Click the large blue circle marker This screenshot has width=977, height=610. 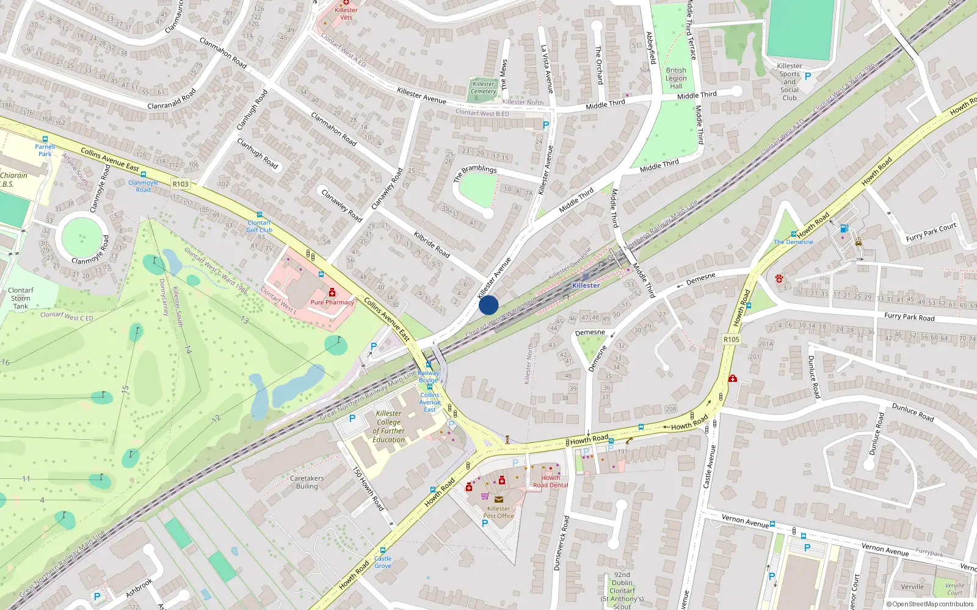click(x=488, y=305)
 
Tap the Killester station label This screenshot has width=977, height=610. click(x=586, y=285)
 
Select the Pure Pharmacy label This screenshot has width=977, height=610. click(x=332, y=302)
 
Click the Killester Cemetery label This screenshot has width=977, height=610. click(x=484, y=88)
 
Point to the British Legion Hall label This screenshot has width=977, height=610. click(x=676, y=78)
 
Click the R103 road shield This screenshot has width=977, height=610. click(x=181, y=184)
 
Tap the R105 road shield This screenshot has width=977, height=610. click(x=731, y=339)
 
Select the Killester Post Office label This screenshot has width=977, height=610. click(x=498, y=512)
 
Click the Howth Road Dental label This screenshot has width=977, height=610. click(x=550, y=481)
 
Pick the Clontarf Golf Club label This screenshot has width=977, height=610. click(x=260, y=226)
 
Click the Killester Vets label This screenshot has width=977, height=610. click(x=346, y=13)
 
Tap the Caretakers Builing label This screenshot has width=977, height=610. click(x=307, y=483)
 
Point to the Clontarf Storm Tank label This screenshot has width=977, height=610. click(x=21, y=298)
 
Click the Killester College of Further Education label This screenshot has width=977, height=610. click(x=389, y=426)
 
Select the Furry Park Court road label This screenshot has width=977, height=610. click(x=931, y=232)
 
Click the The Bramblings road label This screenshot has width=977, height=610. click(x=475, y=173)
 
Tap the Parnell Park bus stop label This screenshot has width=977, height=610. click(x=45, y=150)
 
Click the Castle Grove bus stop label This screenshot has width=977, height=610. click(x=383, y=562)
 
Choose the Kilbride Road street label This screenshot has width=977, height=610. click(x=432, y=244)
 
